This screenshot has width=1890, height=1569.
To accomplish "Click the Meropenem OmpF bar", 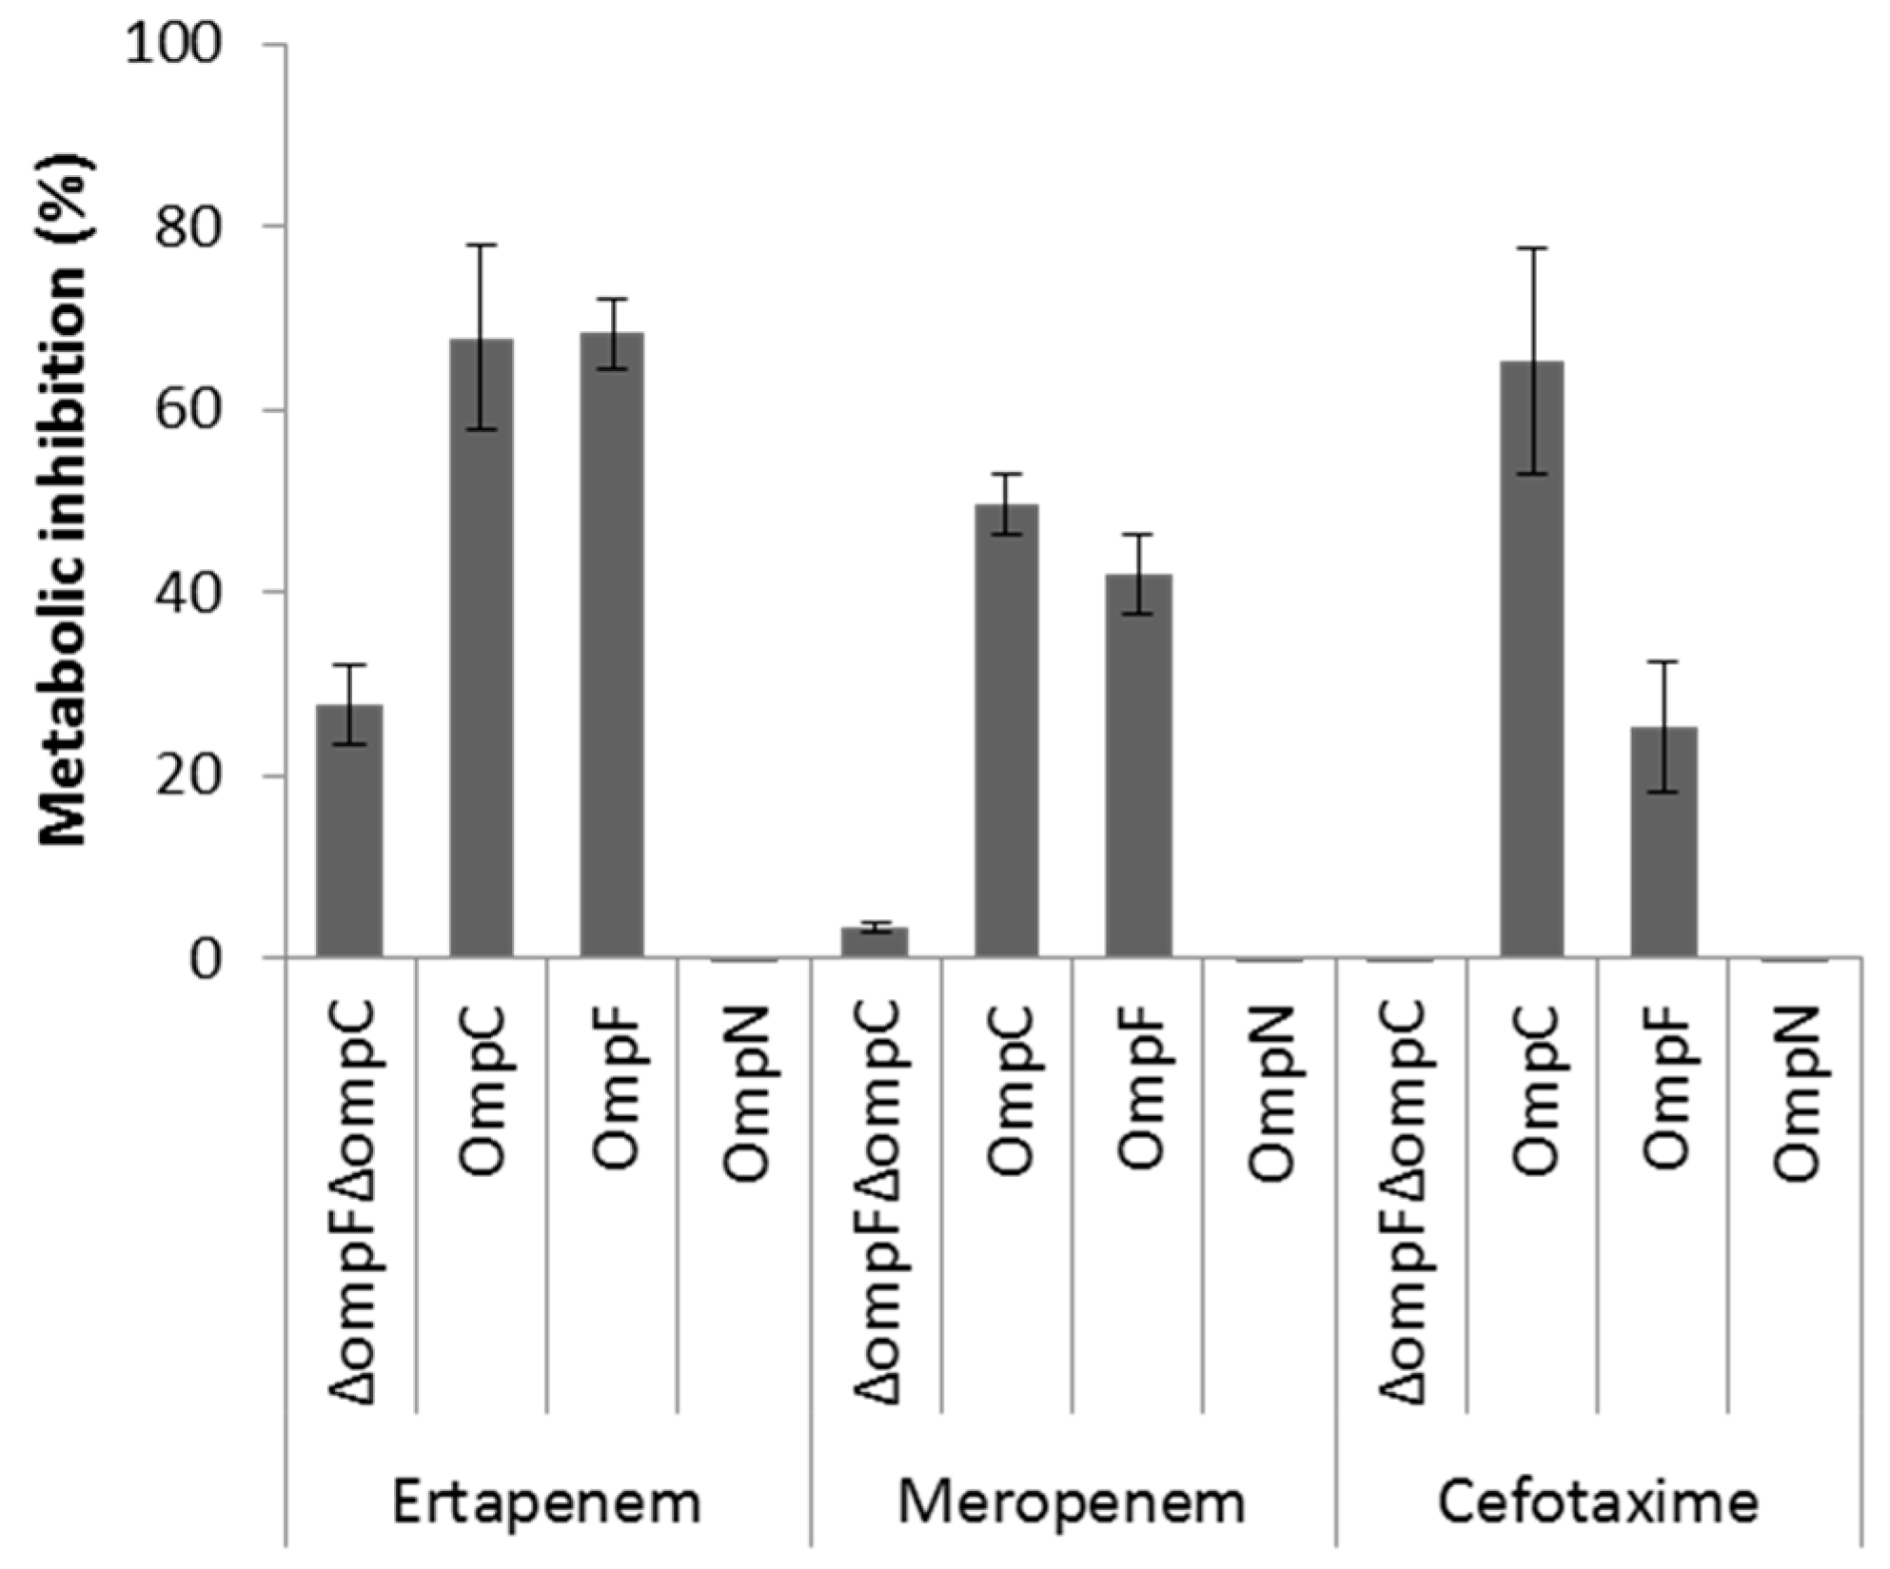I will click(1138, 765).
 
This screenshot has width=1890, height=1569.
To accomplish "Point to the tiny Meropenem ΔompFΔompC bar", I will click(876, 941).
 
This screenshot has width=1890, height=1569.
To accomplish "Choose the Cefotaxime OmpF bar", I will click(1664, 841).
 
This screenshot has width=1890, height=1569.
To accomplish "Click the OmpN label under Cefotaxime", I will click(1796, 1094).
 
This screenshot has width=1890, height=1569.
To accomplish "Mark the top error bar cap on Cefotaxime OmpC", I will click(1532, 248).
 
